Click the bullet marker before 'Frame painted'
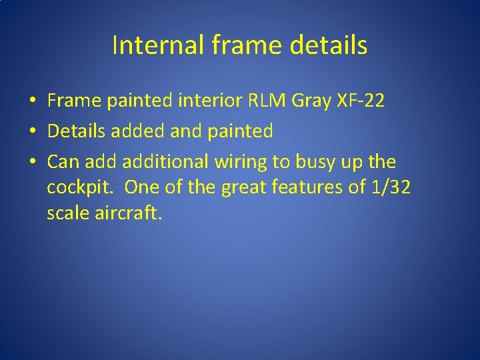tap(32, 101)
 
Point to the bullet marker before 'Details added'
tap(32, 131)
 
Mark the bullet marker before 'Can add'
tap(32, 162)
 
